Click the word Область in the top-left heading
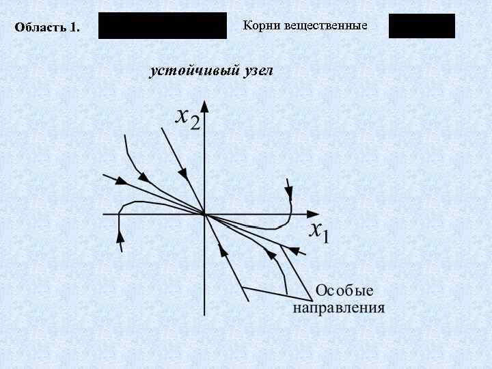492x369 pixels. coord(40,28)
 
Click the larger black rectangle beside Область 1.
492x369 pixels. coord(163,25)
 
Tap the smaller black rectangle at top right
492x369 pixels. coord(422,26)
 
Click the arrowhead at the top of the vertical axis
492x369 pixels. coord(204,107)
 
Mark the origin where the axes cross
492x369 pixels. coord(204,214)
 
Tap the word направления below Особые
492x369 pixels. coord(339,307)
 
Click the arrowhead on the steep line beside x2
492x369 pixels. coord(182,169)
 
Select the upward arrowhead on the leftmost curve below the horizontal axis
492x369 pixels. coord(120,236)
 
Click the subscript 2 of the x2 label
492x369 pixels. coord(195,124)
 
